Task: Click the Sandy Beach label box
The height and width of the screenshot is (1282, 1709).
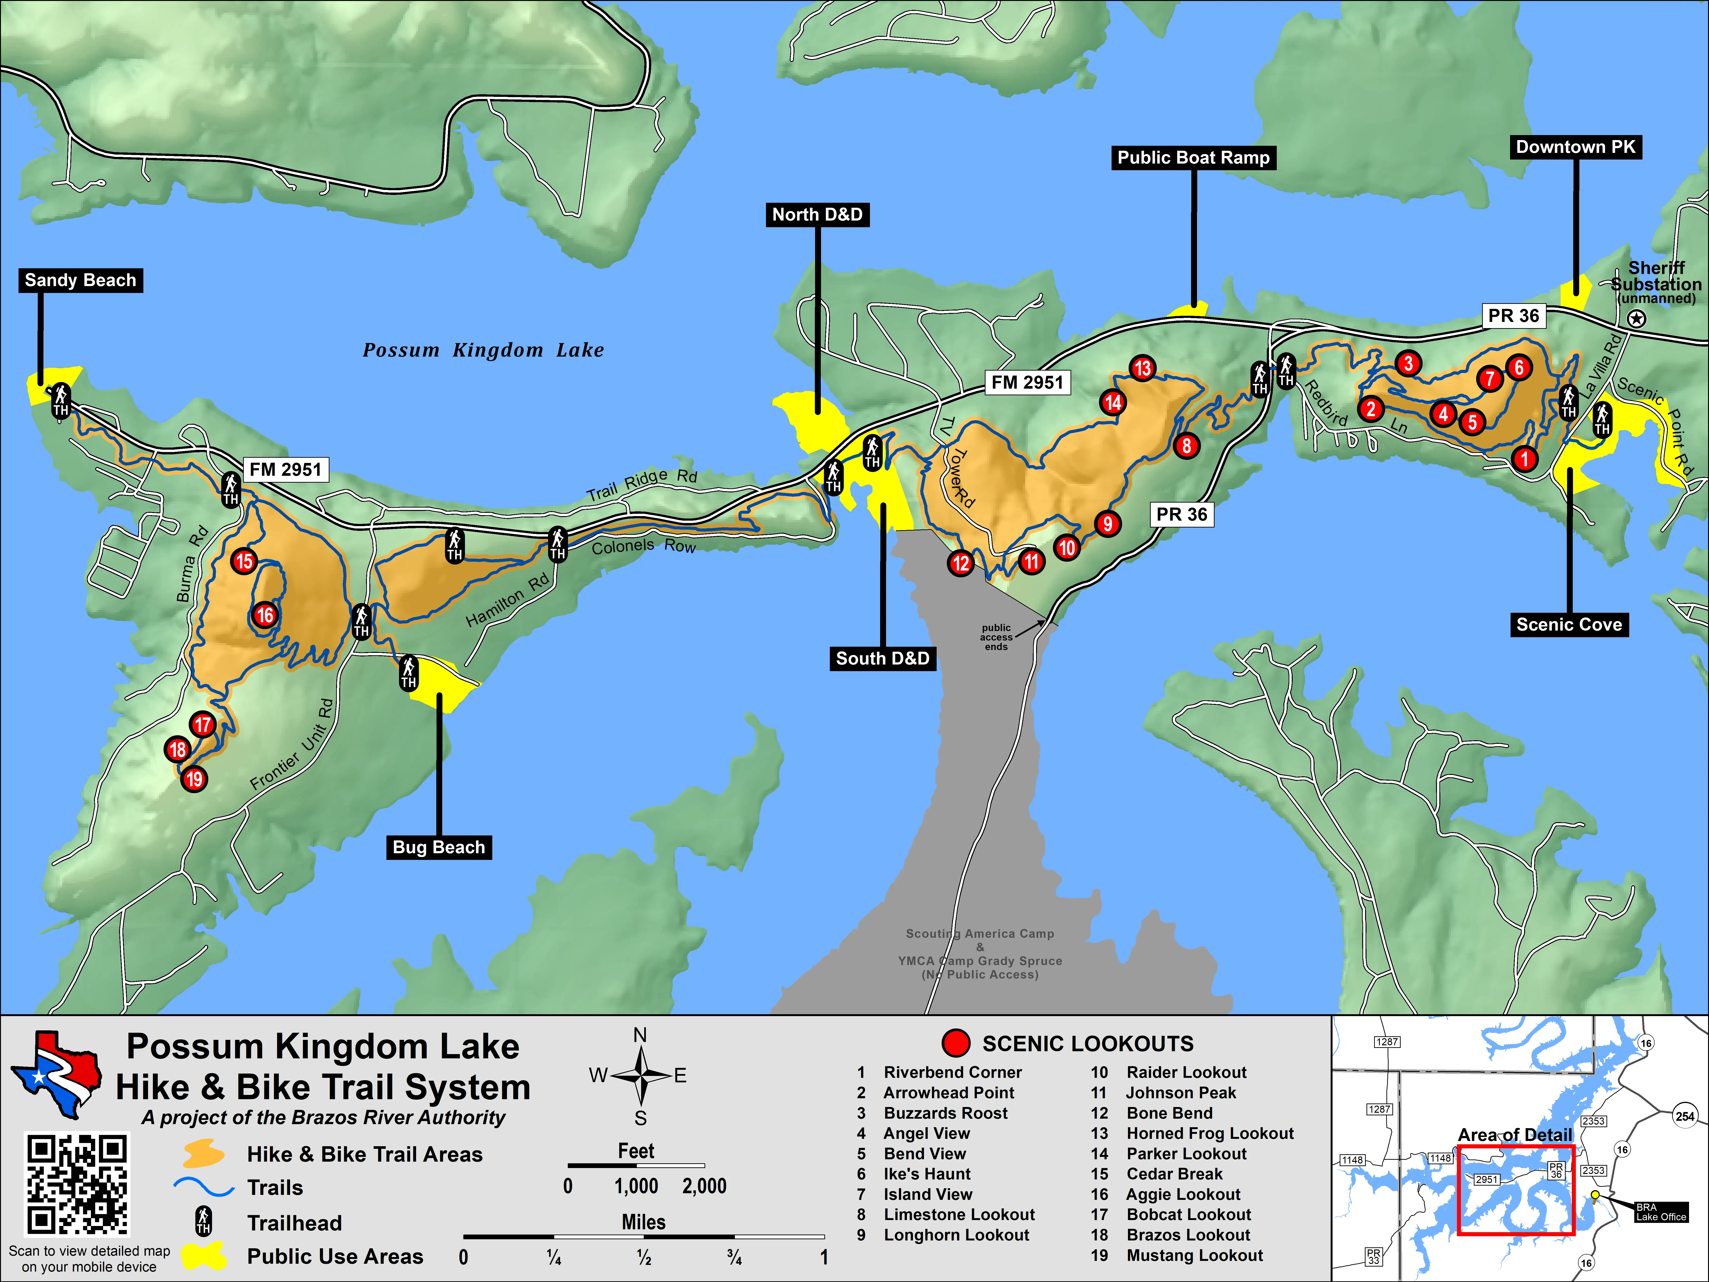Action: pyautogui.click(x=80, y=281)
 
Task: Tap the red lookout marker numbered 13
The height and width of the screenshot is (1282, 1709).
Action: pyautogui.click(x=1142, y=369)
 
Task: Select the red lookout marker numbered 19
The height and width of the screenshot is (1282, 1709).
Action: pyautogui.click(x=194, y=779)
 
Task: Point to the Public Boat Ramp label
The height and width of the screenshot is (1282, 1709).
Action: pyautogui.click(x=1193, y=158)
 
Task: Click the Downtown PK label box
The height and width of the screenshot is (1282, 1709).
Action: pyautogui.click(x=1575, y=147)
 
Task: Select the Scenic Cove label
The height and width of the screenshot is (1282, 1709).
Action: pyautogui.click(x=1569, y=624)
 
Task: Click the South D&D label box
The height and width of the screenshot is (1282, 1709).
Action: pyautogui.click(x=882, y=658)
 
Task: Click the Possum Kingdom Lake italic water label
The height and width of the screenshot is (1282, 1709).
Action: pyautogui.click(x=484, y=350)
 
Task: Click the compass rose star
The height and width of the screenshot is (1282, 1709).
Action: pyautogui.click(x=640, y=1075)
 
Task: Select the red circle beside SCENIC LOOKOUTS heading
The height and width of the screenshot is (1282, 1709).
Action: pyautogui.click(x=956, y=1043)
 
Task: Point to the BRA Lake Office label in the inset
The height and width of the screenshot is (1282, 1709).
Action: pyautogui.click(x=1661, y=1212)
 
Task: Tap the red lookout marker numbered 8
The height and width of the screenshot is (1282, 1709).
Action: pyautogui.click(x=1186, y=446)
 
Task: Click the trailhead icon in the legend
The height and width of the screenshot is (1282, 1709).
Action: pyautogui.click(x=203, y=1222)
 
